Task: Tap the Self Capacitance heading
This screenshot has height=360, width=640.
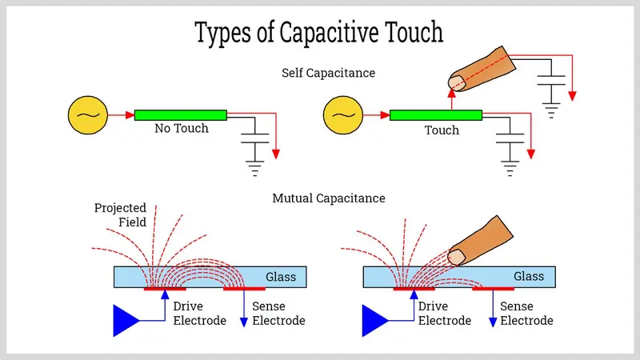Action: (328, 73)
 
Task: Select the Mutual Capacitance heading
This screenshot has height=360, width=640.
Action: (328, 197)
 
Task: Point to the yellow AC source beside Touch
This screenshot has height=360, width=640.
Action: (341, 115)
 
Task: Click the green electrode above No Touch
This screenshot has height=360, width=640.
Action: (181, 115)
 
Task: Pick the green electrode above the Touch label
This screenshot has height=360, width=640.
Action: (436, 115)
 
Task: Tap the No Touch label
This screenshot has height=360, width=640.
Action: (182, 129)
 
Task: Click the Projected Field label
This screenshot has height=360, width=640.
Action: (120, 214)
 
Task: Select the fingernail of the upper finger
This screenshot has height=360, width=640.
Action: (457, 82)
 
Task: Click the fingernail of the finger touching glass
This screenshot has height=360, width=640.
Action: (457, 256)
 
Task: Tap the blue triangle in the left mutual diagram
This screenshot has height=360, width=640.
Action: (125, 320)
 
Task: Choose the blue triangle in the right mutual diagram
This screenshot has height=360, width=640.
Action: (376, 320)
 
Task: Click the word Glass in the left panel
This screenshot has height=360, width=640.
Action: (281, 278)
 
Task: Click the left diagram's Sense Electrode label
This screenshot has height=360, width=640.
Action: (278, 314)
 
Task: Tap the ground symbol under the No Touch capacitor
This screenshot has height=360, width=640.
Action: (256, 169)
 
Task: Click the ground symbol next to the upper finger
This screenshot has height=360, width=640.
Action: (551, 110)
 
